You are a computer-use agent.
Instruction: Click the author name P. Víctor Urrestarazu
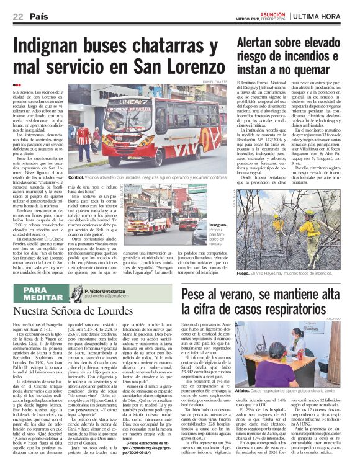coord(114,290)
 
